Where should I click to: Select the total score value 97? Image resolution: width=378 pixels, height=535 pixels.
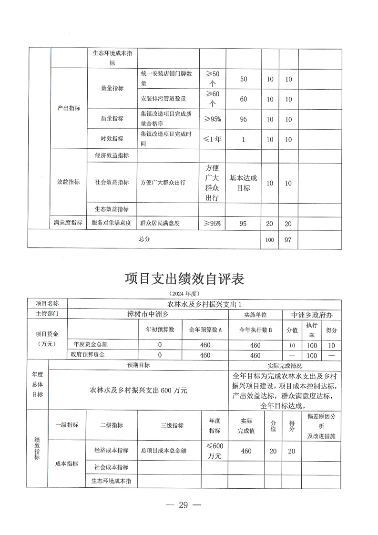[288, 240]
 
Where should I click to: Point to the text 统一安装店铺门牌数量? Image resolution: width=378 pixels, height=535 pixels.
[166, 79]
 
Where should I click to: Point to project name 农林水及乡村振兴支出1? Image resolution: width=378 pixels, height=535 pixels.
[204, 304]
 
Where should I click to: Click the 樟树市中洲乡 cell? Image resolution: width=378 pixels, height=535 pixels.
[148, 314]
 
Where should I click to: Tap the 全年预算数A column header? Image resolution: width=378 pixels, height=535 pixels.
[205, 329]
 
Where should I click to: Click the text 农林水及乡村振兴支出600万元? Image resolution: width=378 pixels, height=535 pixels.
[138, 390]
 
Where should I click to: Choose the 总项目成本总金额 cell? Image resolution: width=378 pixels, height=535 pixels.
[160, 451]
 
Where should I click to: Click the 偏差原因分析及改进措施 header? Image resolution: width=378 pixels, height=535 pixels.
[321, 426]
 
